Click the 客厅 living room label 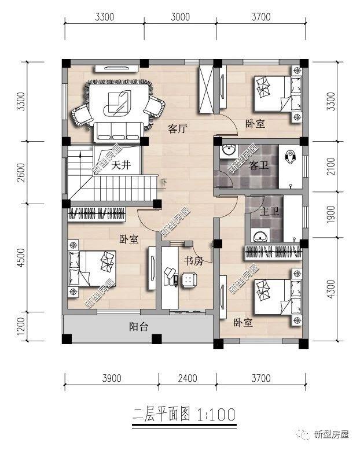tap(177, 129)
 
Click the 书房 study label tap(193, 261)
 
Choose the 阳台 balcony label tap(138, 327)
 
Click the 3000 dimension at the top tap(181, 17)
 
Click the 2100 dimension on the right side tap(331, 168)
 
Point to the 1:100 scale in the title tap(215, 414)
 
